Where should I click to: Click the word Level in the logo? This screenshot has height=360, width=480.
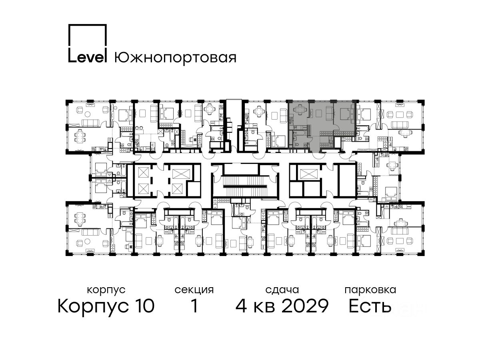(88, 58)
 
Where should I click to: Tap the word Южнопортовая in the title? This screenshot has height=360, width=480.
(175, 58)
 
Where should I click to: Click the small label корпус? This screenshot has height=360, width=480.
(106, 290)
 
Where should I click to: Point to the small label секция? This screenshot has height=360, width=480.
(194, 290)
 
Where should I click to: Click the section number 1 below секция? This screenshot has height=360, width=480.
(194, 306)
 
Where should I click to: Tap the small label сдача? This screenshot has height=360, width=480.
(282, 290)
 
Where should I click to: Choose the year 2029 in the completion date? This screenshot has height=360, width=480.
(305, 306)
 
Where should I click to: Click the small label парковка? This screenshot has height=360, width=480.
(370, 290)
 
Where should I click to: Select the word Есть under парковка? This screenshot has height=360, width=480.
(370, 306)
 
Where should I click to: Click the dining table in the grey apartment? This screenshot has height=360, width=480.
(298, 110)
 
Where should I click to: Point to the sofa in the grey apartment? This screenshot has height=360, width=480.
(329, 113)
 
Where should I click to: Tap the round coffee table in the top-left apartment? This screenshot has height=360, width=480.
(88, 114)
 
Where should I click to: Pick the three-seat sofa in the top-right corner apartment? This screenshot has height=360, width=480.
(400, 125)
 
